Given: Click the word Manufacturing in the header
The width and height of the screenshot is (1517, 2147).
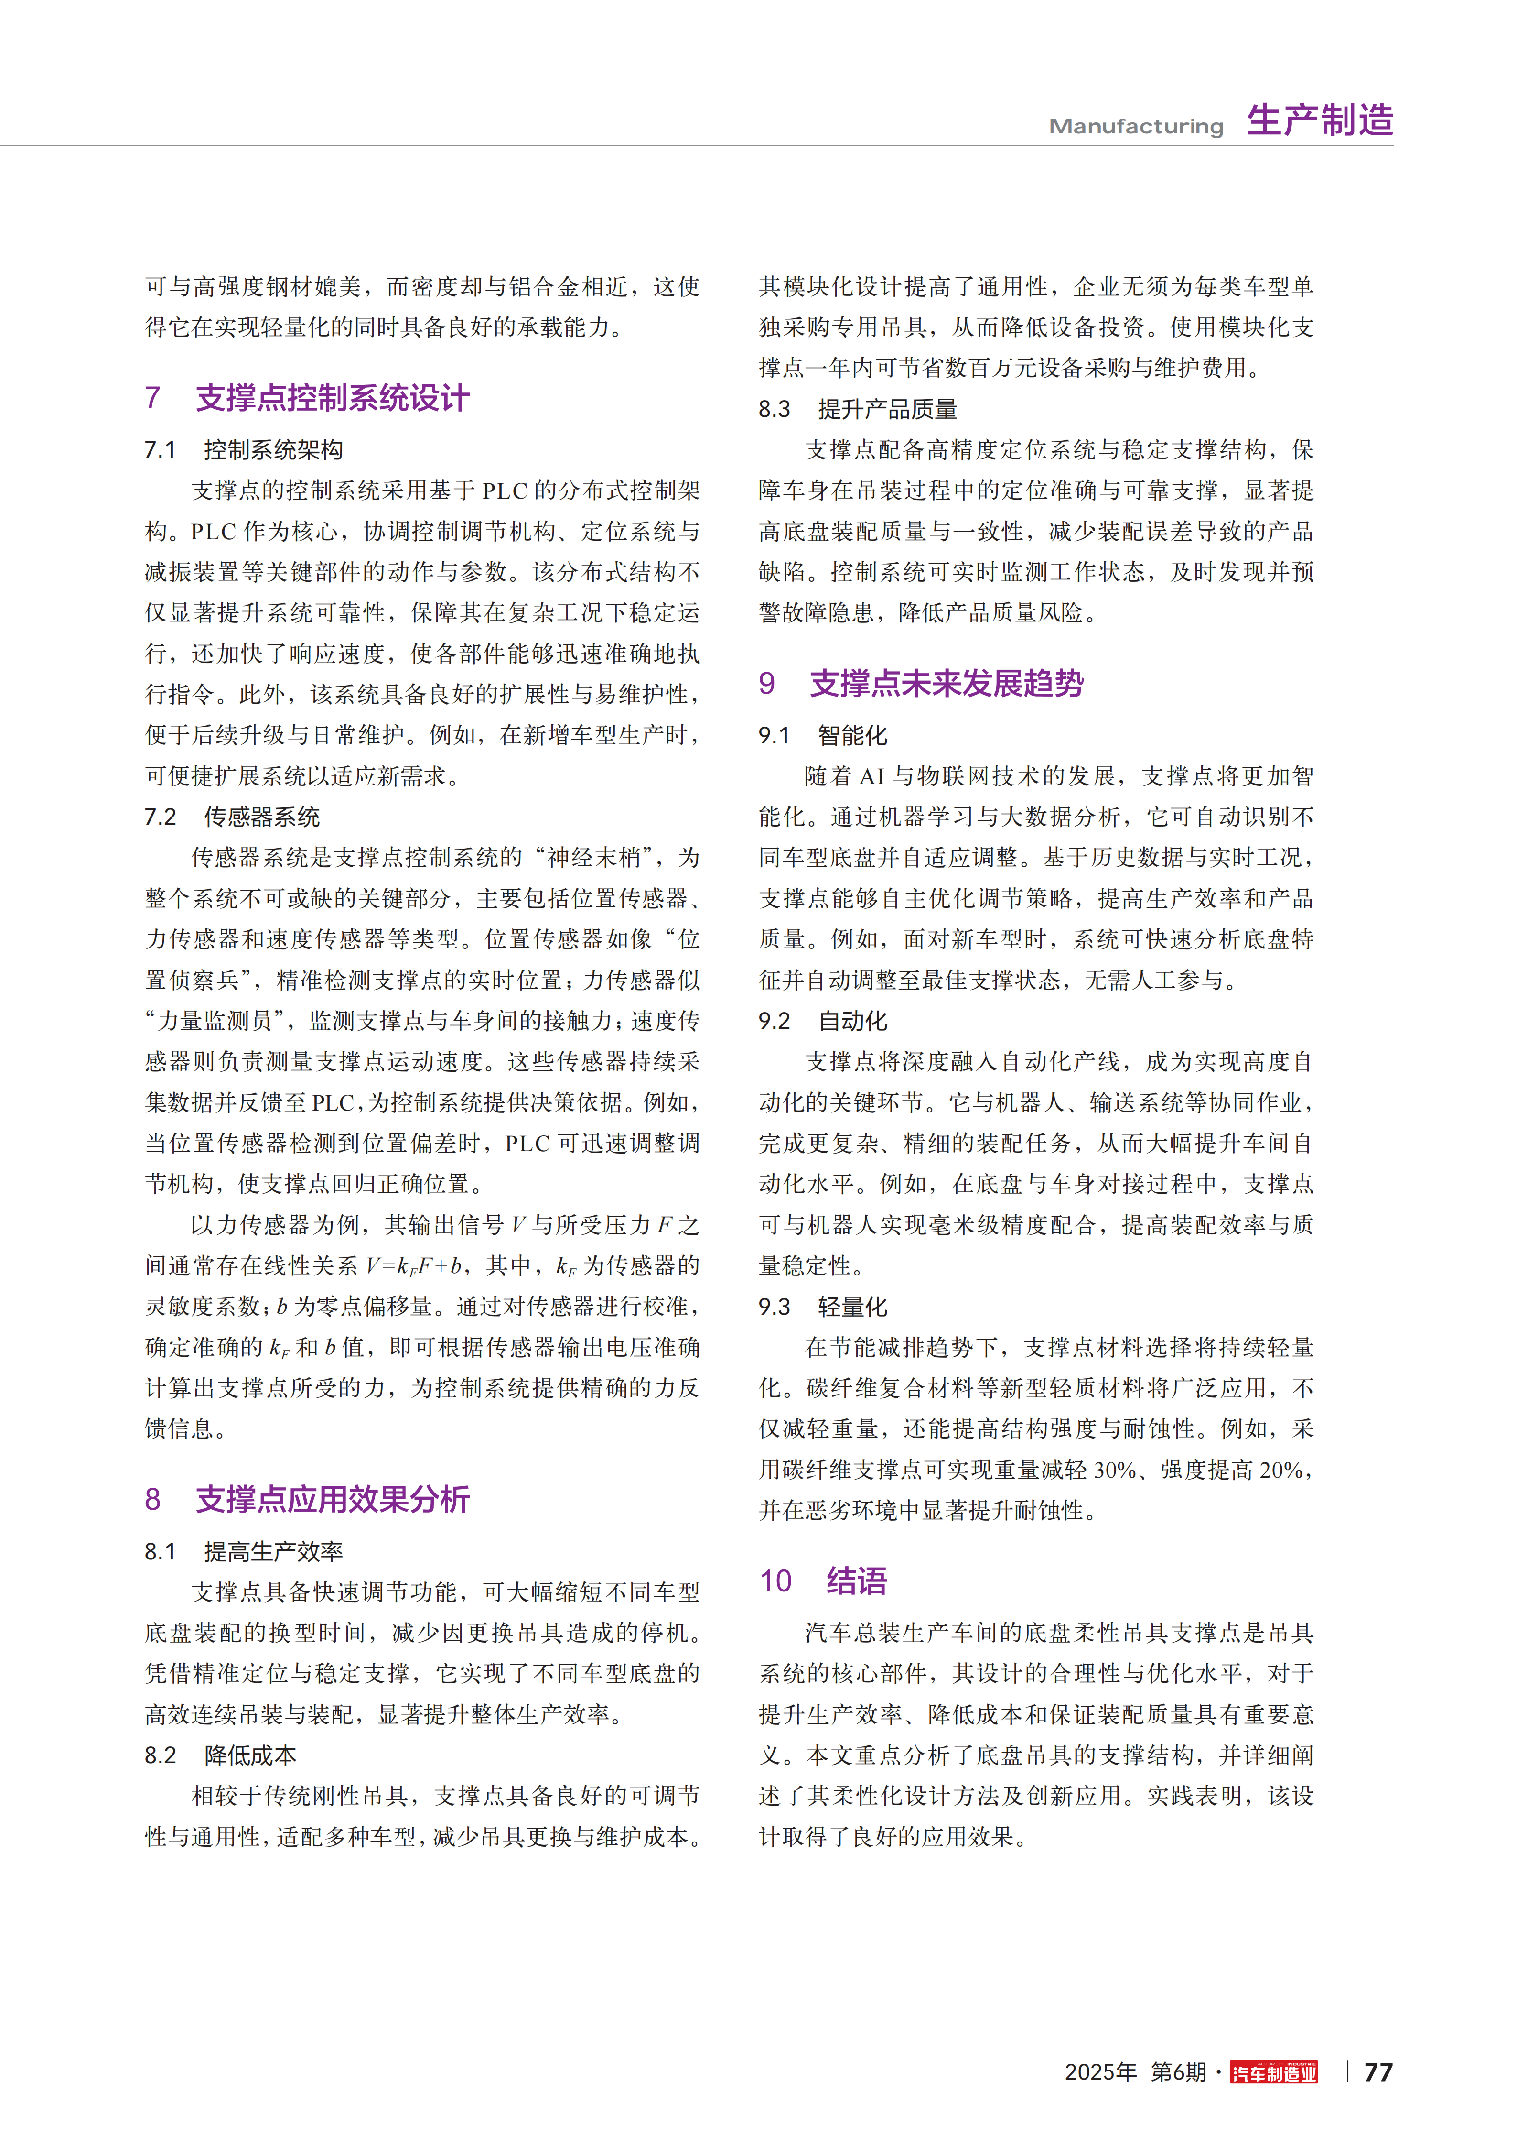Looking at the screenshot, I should [1136, 126].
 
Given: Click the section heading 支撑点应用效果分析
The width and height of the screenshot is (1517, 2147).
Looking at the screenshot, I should [332, 1500].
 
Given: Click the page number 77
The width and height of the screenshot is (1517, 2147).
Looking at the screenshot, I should [1378, 2072].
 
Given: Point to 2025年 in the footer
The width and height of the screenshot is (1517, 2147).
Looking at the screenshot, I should [1100, 2072].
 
